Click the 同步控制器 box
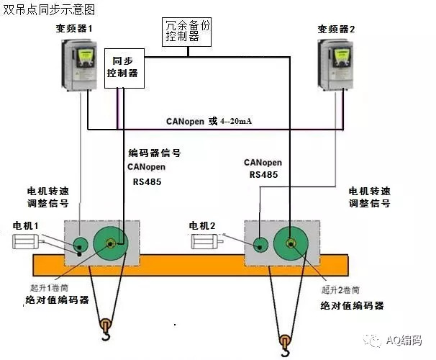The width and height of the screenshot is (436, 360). [124, 68]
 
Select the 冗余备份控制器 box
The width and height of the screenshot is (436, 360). [186, 32]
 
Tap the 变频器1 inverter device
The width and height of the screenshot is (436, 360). [79, 65]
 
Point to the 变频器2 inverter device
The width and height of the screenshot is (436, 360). [335, 65]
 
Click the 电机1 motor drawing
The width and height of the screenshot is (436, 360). [28, 241]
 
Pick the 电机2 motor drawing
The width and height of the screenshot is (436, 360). [207, 241]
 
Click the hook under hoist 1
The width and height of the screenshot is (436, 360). [106, 329]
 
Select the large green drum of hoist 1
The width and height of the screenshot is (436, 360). [111, 244]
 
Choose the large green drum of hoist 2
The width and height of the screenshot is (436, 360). [291, 243]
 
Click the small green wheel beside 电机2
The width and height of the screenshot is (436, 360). [260, 246]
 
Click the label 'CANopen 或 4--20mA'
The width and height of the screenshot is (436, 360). [209, 121]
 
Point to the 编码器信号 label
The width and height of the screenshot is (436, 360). [155, 153]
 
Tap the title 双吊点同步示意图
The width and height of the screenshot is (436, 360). [49, 9]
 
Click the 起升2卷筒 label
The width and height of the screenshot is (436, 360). [340, 290]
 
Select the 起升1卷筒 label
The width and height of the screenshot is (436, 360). [49, 287]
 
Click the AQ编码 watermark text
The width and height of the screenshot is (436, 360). [404, 341]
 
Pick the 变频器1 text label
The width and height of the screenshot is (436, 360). [74, 28]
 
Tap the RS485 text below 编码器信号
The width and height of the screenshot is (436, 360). [147, 181]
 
